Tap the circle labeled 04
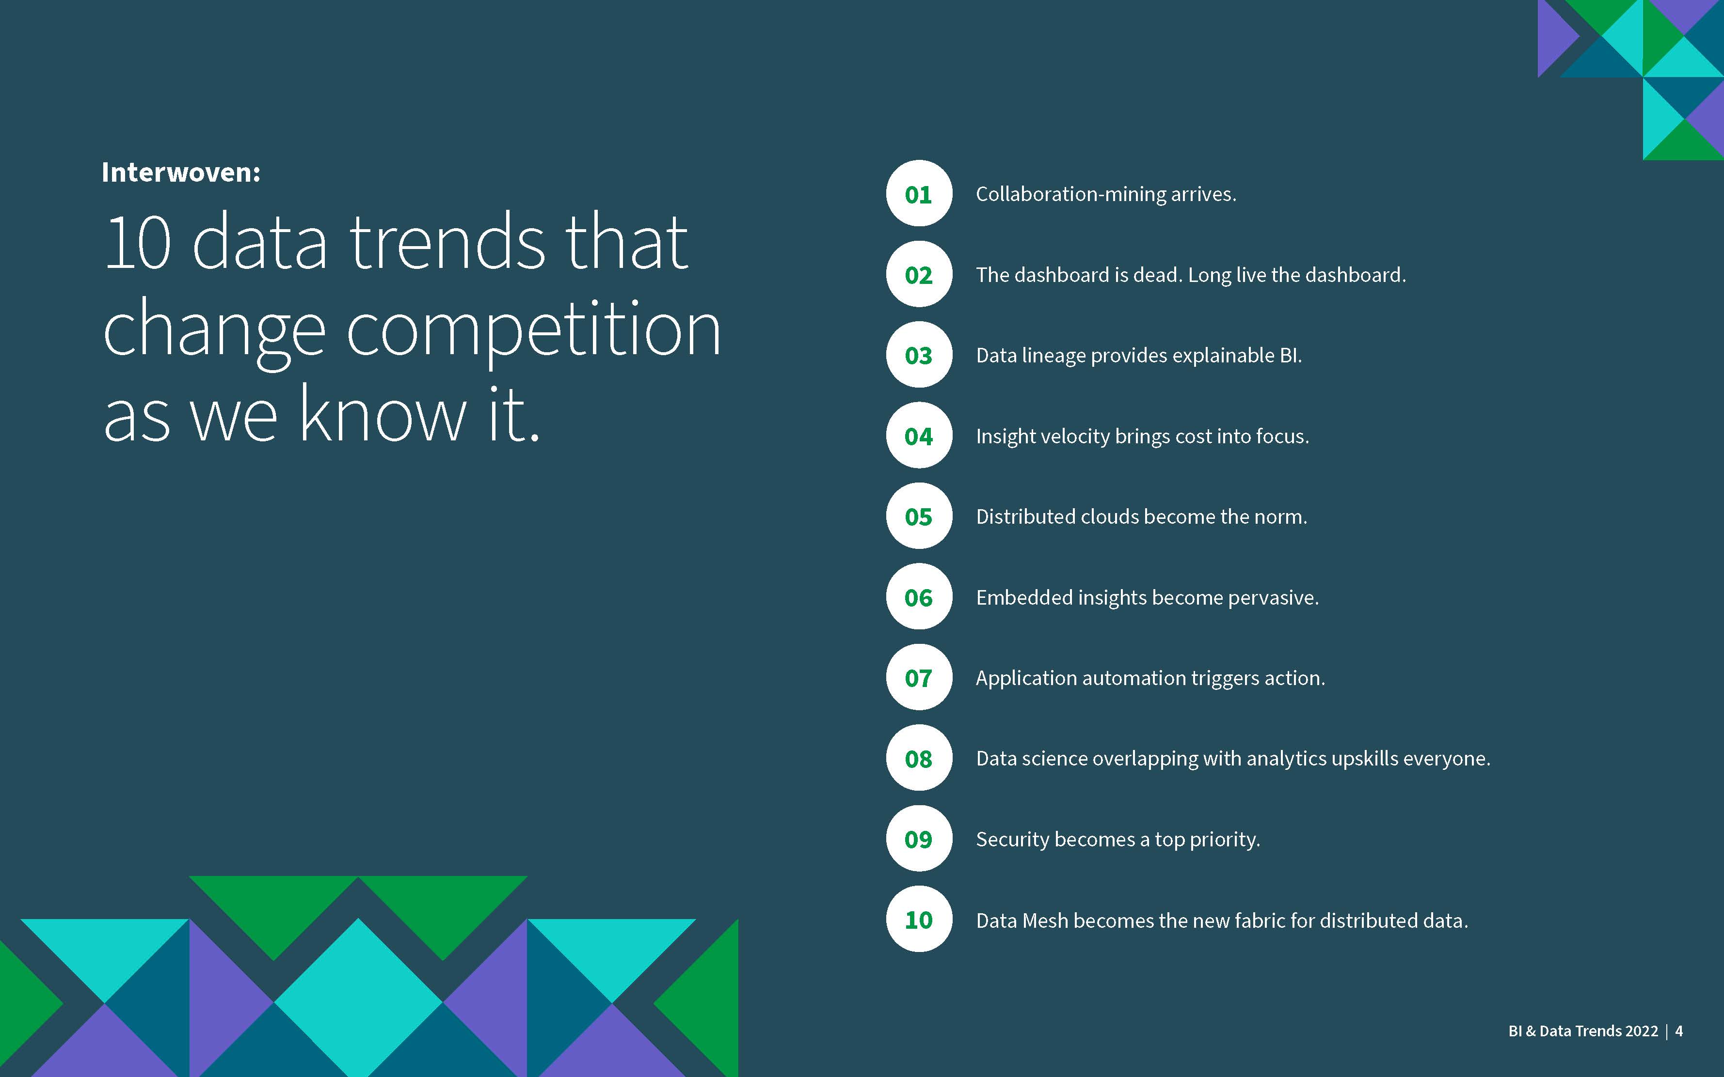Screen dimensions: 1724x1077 (x=919, y=435)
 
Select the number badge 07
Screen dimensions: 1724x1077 (x=919, y=677)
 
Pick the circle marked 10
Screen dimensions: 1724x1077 (x=919, y=920)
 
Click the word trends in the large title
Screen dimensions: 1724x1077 (x=449, y=242)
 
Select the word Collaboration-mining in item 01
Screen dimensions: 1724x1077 (x=1070, y=194)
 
